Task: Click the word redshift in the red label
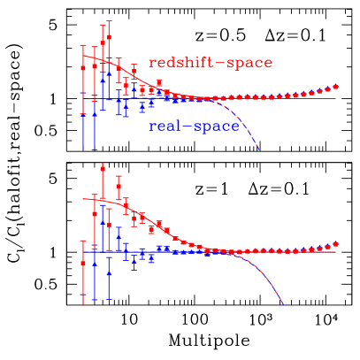pyautogui.click(x=180, y=63)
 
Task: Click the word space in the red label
pyautogui.click(x=247, y=63)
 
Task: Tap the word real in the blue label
pyautogui.click(x=165, y=126)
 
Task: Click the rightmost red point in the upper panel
pyautogui.click(x=336, y=88)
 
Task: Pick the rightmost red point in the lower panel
pyautogui.click(x=336, y=244)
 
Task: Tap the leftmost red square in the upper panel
pyautogui.click(x=83, y=66)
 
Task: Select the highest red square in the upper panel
pyautogui.click(x=103, y=42)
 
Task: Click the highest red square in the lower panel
pyautogui.click(x=103, y=185)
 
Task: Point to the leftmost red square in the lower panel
pyautogui.click(x=83, y=263)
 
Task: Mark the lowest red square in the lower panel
pyautogui.click(x=83, y=263)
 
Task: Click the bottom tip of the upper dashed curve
pyautogui.click(x=259, y=149)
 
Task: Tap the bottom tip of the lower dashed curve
pyautogui.click(x=283, y=304)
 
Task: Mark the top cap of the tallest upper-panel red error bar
pyautogui.click(x=110, y=21)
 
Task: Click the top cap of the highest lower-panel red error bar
pyautogui.click(x=103, y=165)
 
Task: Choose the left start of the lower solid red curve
pyautogui.click(x=83, y=200)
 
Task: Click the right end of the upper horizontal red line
pyautogui.click(x=337, y=97)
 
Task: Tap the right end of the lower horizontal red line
pyautogui.click(x=337, y=253)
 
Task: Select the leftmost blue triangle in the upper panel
pyautogui.click(x=83, y=92)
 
